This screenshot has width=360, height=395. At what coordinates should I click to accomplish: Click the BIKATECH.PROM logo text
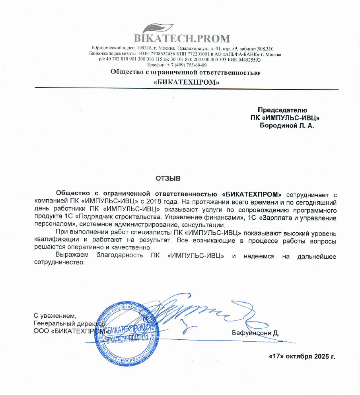coord(182,39)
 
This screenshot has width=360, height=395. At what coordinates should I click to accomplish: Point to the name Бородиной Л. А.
coord(286,126)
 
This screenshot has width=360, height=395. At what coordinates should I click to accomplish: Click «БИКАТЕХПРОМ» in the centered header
coord(187,82)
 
